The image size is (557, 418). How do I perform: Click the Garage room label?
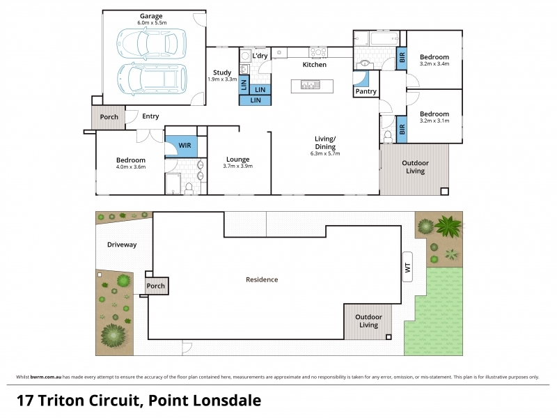[x=151, y=16]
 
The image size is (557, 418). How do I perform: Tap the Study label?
[x=222, y=72]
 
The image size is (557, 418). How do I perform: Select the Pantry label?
[x=366, y=91]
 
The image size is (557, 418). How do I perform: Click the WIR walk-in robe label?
[x=185, y=146]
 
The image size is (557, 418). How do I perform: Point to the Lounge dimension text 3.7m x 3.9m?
[x=237, y=166]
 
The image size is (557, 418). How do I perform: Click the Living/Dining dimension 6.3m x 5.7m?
[x=325, y=153]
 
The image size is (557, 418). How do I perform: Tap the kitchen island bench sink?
[x=310, y=85]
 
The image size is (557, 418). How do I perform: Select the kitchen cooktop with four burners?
[x=318, y=52]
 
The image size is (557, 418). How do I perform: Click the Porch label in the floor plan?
[x=109, y=117]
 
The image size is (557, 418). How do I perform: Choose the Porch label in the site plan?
[x=155, y=286]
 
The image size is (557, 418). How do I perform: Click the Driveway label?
[x=122, y=245]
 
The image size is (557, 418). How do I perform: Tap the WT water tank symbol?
[x=407, y=267]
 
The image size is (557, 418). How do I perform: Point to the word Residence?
[x=262, y=280]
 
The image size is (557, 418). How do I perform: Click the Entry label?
[x=150, y=116]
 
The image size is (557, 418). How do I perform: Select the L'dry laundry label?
[x=260, y=56]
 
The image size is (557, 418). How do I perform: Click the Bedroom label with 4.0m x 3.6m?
[x=131, y=160]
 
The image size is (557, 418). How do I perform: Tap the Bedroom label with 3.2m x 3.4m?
[x=434, y=57]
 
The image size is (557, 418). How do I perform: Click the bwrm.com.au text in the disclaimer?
[x=46, y=377]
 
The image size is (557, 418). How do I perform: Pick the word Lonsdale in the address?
[x=227, y=401]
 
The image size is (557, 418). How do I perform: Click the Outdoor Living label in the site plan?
[x=368, y=321]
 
